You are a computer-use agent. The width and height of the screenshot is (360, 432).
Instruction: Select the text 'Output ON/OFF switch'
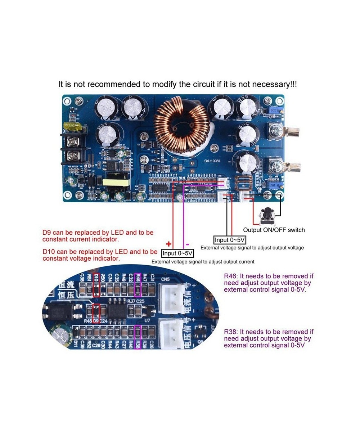tap(274, 230)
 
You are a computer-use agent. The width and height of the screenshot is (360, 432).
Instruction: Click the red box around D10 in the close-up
tap(96, 285)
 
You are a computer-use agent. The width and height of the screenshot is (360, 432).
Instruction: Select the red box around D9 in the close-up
tap(96, 313)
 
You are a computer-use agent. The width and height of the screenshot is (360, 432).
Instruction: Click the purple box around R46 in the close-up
tap(138, 284)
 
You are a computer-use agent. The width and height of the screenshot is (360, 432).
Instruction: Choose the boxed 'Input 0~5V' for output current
tap(177, 253)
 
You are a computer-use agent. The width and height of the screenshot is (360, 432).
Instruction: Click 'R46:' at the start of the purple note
tap(231, 276)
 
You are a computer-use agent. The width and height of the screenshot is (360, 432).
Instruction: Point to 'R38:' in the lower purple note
tap(231, 332)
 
